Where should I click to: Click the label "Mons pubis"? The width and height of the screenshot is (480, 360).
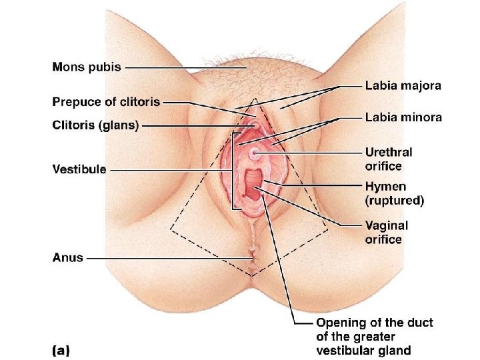point(86,67)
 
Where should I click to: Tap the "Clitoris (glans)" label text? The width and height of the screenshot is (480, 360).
point(95,125)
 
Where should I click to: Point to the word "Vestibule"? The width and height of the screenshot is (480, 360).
point(79,169)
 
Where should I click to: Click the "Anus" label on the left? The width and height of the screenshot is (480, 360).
point(67,257)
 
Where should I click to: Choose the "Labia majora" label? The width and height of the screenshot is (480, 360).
point(403,85)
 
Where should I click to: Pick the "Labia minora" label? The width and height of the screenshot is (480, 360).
point(403,117)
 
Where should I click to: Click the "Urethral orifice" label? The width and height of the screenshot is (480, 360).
point(388,159)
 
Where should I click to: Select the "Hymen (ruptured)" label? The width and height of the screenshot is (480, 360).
point(394,193)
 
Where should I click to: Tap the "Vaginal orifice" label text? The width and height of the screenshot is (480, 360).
point(386,233)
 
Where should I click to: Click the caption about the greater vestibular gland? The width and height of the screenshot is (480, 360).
point(374,337)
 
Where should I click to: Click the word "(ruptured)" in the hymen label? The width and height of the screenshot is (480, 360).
point(394,200)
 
